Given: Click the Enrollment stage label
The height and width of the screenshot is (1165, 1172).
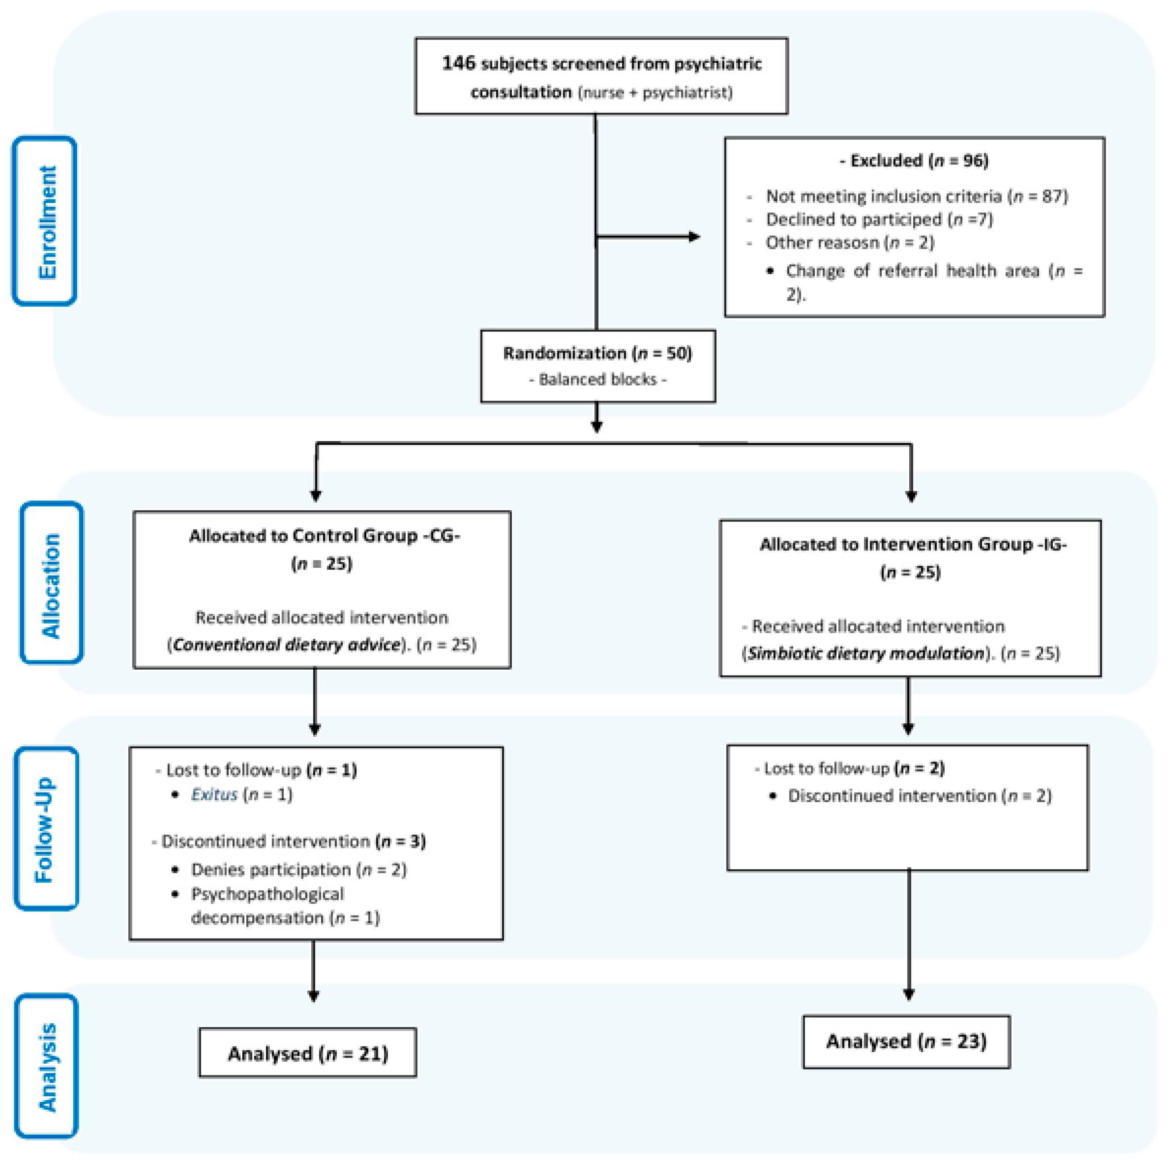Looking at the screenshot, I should pos(46,221).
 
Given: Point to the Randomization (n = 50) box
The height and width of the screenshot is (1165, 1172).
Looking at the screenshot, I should pos(597,366).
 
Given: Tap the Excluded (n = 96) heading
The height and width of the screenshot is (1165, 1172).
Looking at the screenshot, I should pos(914,161).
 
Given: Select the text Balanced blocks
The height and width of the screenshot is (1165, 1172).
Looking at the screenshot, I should pos(597,380).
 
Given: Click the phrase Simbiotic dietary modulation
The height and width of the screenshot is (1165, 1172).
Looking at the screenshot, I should pos(866,653).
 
